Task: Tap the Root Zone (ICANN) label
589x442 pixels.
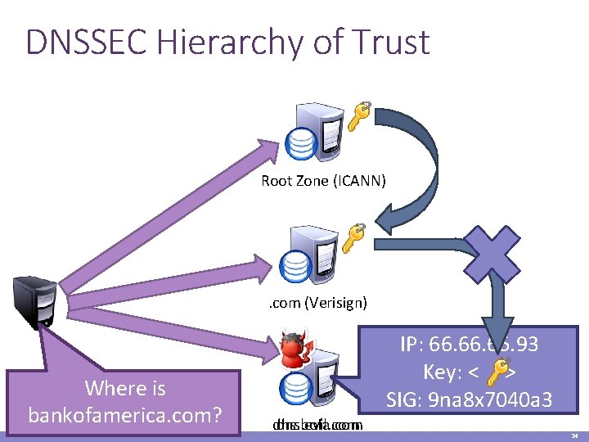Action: click(323, 180)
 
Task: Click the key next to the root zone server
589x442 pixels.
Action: click(357, 115)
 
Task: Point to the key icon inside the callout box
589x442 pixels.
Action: click(494, 373)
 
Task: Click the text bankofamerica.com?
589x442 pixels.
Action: click(125, 415)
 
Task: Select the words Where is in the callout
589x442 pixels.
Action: click(125, 387)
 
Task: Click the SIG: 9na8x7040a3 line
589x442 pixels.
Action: click(469, 400)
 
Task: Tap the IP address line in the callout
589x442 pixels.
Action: click(469, 345)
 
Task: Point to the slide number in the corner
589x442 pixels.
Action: click(574, 436)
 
